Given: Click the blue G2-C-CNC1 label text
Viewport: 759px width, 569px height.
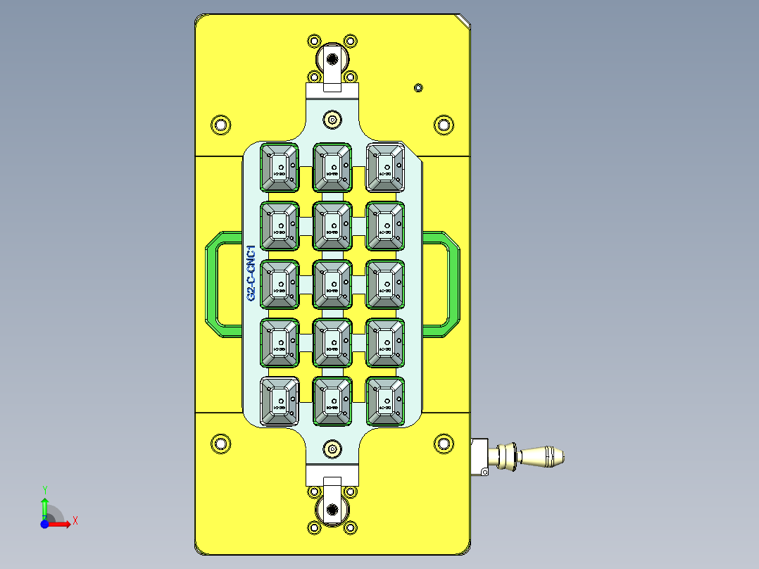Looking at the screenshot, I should (251, 274).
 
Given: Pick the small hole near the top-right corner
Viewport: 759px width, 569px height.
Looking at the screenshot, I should (418, 87).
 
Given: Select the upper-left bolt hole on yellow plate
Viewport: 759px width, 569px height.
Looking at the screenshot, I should (220, 125).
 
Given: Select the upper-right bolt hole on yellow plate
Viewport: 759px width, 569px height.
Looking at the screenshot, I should (443, 125).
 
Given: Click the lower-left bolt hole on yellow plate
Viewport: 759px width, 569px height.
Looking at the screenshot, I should (220, 443).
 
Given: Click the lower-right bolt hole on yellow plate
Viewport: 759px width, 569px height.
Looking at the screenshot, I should (443, 443).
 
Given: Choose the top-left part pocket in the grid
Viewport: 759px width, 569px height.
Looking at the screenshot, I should (280, 168).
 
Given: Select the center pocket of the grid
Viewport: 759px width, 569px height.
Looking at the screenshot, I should (332, 284).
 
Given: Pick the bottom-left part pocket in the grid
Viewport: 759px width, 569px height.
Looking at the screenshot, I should (280, 402).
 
